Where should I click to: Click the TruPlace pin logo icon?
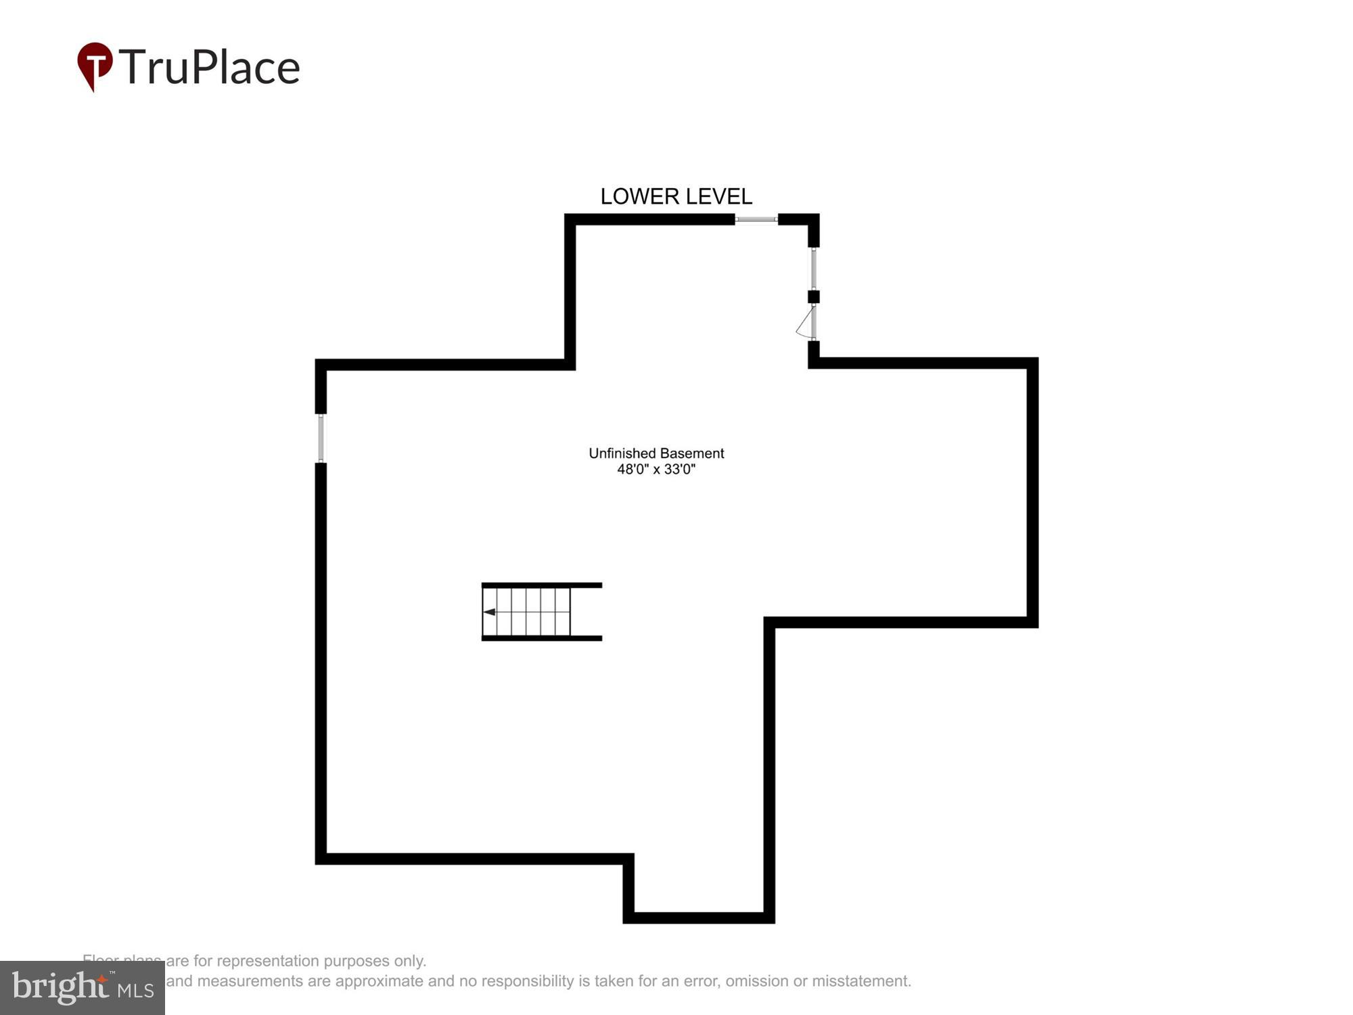[95, 64]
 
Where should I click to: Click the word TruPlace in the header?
[210, 67]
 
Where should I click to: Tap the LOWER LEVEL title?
[676, 196]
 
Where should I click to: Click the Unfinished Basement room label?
[656, 453]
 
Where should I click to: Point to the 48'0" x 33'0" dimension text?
[656, 470]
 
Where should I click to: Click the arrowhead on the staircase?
[489, 612]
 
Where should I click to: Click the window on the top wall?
[756, 219]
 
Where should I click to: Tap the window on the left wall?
[321, 438]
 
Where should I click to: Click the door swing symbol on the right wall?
[806, 323]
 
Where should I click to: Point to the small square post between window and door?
[814, 296]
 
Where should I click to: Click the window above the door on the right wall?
[814, 269]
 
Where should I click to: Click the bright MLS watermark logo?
[83, 987]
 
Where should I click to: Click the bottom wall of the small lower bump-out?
[699, 918]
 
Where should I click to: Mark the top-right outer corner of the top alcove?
[818, 215]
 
